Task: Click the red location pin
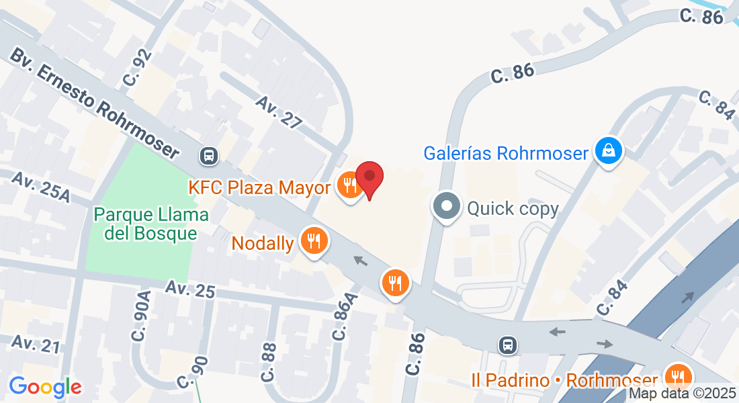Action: pyautogui.click(x=369, y=177)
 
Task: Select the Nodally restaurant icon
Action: pyautogui.click(x=313, y=240)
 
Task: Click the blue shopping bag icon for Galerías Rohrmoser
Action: pyautogui.click(x=609, y=151)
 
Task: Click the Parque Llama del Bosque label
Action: pyautogui.click(x=151, y=224)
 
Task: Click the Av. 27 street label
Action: pyautogui.click(x=279, y=111)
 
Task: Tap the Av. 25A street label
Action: pyautogui.click(x=41, y=187)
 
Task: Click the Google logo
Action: pyautogui.click(x=45, y=387)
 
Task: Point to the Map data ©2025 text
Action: pyautogui.click(x=682, y=394)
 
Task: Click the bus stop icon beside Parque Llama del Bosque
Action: pyautogui.click(x=209, y=156)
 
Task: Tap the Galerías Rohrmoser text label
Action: pyautogui.click(x=506, y=153)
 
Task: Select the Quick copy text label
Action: pyautogui.click(x=513, y=208)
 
